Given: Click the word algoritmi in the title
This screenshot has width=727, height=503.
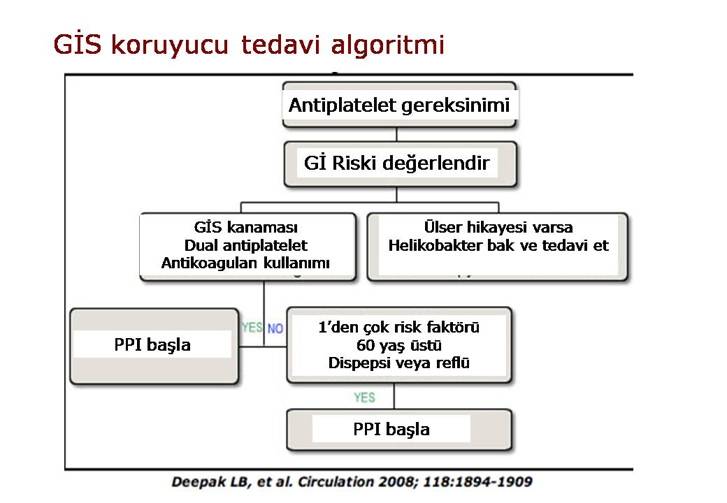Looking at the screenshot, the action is tap(388, 45).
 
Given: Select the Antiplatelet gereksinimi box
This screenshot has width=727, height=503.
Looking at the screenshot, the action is tap(399, 105).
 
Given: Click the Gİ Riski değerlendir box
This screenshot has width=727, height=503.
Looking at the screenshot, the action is tap(400, 164).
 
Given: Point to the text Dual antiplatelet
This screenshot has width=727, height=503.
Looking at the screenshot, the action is tap(246, 245).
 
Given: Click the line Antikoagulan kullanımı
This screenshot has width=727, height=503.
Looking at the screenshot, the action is tap(245, 263).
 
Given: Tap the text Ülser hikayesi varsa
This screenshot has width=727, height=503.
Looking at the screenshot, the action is tap(498, 227).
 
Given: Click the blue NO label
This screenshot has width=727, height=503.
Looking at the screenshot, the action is tap(275, 328).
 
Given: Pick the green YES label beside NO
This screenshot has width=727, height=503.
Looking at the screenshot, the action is tap(252, 328).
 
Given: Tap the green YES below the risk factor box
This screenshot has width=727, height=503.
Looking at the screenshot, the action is tap(364, 398).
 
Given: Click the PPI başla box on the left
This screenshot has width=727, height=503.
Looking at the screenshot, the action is tap(154, 346).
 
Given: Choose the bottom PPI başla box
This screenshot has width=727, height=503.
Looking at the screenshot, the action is tap(399, 430).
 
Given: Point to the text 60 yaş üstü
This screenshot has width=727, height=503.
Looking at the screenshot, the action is tap(398, 345).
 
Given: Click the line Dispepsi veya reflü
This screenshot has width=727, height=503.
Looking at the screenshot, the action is tap(398, 363).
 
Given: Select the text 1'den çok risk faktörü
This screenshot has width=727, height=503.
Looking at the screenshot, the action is tap(398, 327).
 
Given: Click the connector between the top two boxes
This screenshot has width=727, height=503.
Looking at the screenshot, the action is tap(396, 135).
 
